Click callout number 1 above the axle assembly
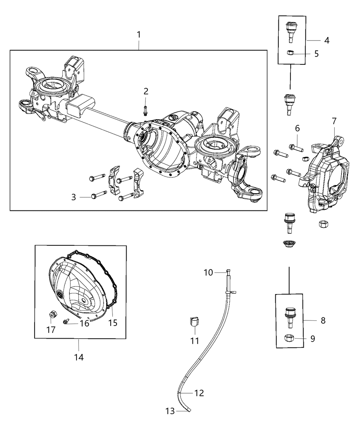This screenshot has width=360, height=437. (139, 35)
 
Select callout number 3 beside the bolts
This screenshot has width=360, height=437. (73, 197)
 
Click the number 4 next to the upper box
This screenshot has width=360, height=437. (326, 40)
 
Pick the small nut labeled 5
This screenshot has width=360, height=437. (290, 53)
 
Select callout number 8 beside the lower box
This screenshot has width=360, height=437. (323, 320)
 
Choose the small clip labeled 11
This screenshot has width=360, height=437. (194, 323)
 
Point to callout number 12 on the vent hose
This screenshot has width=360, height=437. (199, 393)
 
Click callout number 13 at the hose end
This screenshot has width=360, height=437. (170, 411)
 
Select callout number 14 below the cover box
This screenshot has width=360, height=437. (79, 357)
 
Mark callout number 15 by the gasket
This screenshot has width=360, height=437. (113, 323)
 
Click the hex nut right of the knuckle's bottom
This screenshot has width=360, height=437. (323, 224)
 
